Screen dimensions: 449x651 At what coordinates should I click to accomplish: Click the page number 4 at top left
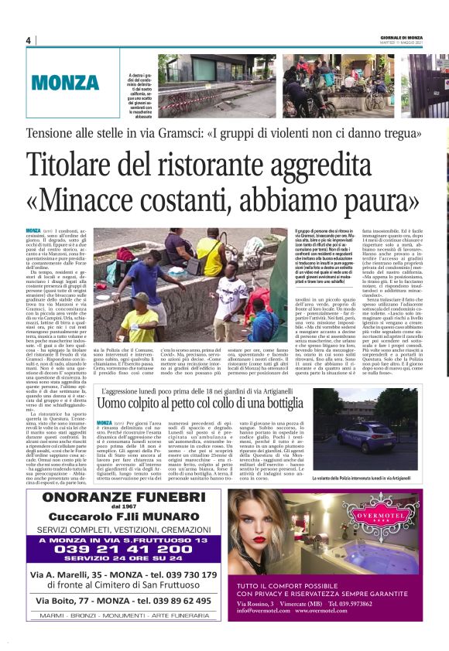tap(28, 40)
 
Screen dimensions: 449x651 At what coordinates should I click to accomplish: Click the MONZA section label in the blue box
tap(66, 82)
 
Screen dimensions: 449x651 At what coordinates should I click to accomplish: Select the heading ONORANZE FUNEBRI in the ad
tap(115, 499)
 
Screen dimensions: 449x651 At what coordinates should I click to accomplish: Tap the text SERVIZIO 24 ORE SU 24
tap(115, 561)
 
